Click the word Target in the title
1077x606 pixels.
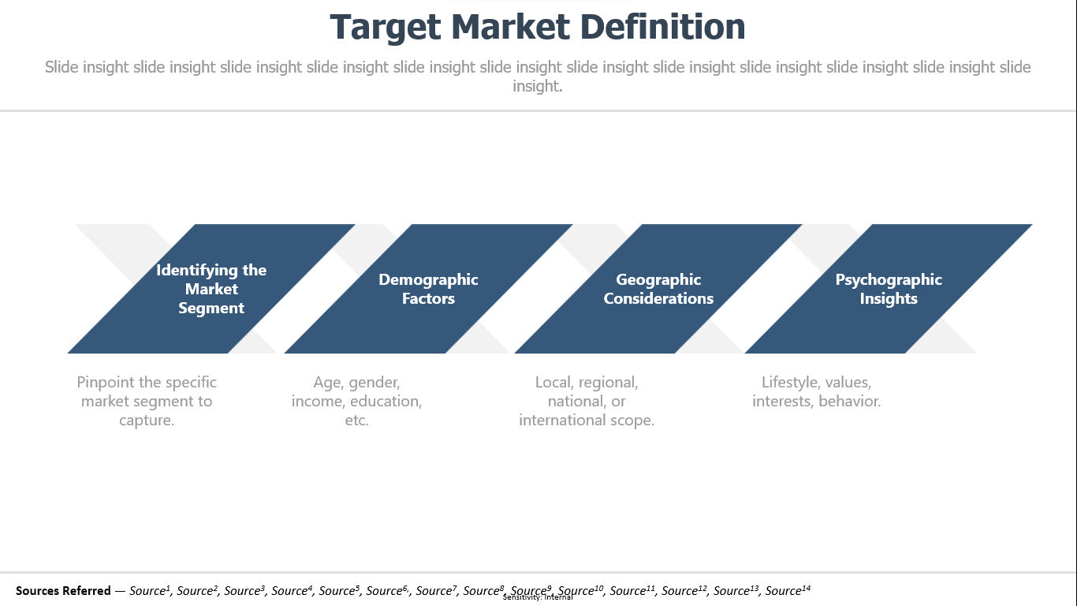pos(385,28)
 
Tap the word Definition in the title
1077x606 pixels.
pos(663,27)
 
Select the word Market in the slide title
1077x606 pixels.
pos(511,27)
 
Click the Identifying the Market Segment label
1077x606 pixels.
pos(211,289)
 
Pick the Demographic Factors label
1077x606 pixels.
pos(428,289)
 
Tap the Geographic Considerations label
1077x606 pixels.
pos(658,289)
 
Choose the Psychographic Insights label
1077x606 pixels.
pos(889,289)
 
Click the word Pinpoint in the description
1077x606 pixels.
pos(106,382)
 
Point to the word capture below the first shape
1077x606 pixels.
pos(144,421)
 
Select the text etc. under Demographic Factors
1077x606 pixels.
pos(356,421)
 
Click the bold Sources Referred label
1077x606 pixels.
pos(63,590)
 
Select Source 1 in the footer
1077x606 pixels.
pos(150,590)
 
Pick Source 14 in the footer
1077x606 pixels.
pos(788,590)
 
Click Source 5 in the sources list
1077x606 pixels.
pos(339,590)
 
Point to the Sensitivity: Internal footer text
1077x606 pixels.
pos(538,597)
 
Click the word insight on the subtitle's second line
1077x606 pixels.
pos(536,86)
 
